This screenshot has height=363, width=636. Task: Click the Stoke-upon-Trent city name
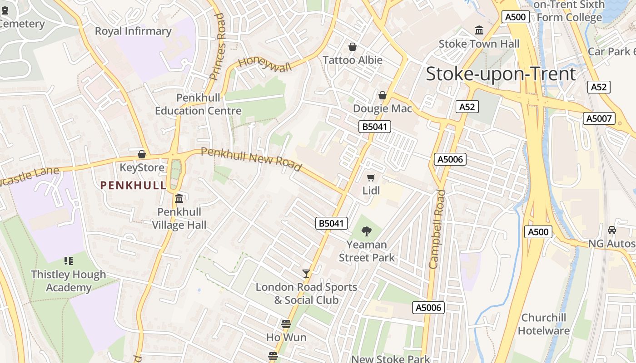pos(501,74)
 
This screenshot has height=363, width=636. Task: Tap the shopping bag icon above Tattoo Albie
pos(352,47)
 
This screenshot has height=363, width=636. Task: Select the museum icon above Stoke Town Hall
pos(479,30)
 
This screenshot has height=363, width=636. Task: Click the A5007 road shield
pos(599,118)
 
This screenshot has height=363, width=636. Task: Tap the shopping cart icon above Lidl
pos(371,177)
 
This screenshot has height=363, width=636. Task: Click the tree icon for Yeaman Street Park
pos(367,231)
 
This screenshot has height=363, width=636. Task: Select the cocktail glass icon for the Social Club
pos(306,273)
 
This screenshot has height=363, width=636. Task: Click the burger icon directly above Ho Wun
pos(286,324)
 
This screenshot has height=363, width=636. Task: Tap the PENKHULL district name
pos(133,185)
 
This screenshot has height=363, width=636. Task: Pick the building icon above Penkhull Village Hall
pos(179,199)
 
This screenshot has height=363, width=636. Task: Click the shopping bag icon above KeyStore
pos(142,154)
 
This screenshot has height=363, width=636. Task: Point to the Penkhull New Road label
pos(251,159)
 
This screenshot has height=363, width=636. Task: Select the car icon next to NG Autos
pos(612,230)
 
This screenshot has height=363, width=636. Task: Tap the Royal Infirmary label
pos(133,31)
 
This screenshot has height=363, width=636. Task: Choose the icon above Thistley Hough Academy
pos(69,261)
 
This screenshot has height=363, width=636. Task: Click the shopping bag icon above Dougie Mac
pos(383,95)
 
